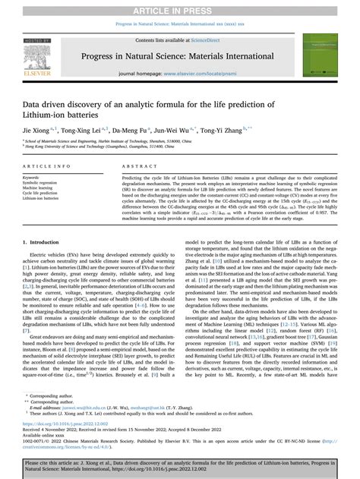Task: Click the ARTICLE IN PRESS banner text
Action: [x=180, y=9]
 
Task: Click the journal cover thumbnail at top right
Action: [x=323, y=55]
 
